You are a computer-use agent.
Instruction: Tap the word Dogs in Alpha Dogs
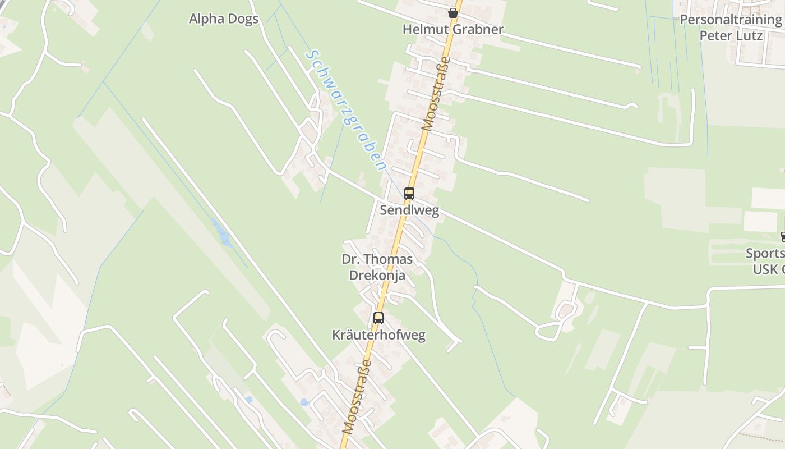[x=243, y=19]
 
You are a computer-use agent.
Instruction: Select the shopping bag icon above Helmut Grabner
[x=453, y=12]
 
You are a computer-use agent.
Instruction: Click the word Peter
[x=715, y=36]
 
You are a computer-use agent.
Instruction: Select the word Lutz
[x=750, y=36]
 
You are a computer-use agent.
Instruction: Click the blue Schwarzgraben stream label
[x=345, y=110]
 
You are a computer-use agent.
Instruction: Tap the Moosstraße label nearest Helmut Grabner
[x=436, y=94]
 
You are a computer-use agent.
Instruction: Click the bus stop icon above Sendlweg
[x=409, y=194]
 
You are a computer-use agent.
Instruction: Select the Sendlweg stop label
[x=409, y=210]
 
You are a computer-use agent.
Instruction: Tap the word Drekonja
[x=377, y=275]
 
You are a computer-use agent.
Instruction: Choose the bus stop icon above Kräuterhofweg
[x=378, y=318]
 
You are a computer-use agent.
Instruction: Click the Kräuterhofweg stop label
[x=378, y=336]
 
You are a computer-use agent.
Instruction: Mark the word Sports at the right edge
[x=765, y=253]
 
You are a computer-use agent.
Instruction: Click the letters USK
[x=766, y=269]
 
